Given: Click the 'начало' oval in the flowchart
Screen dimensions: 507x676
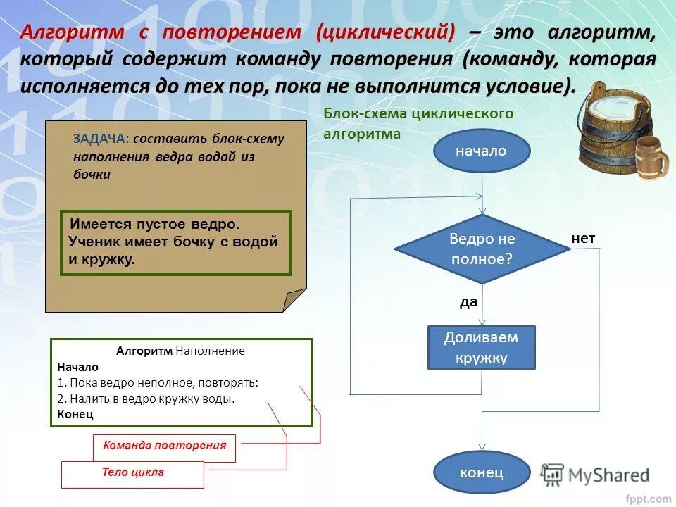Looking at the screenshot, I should (x=481, y=151).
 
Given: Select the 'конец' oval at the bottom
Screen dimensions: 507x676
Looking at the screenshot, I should (x=481, y=472).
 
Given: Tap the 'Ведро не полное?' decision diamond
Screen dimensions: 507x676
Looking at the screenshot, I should (x=482, y=249).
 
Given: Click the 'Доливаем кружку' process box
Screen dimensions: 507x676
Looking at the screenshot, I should (x=482, y=347).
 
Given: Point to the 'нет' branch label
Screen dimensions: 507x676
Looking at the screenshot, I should (x=583, y=239).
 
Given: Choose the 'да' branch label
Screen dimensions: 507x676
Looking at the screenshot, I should (x=468, y=302).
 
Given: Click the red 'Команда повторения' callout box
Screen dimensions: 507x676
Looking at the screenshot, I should (x=164, y=446).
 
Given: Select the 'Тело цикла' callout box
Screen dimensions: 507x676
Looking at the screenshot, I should (x=132, y=472).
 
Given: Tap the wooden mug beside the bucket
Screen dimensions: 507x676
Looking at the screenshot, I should (x=652, y=158).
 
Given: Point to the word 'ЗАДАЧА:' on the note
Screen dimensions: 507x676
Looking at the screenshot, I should (x=101, y=139).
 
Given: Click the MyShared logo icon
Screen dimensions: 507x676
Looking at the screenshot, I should (x=552, y=475).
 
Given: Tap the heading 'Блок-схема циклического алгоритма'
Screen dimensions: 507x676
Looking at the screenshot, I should (x=418, y=123).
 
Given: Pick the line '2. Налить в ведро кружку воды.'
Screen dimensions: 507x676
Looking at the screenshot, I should (x=146, y=399).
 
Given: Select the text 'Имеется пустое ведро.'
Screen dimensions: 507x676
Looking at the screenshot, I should (x=155, y=224).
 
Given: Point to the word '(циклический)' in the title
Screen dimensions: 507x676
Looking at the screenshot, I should (x=385, y=32).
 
